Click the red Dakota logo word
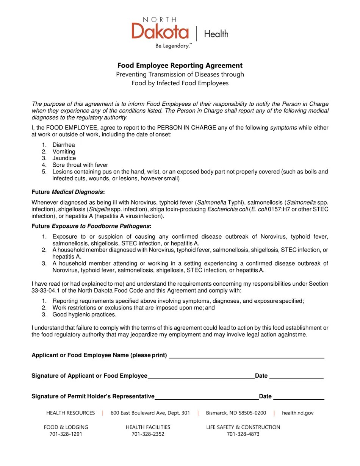[160, 31]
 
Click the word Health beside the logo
[216, 34]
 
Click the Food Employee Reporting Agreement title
[180, 66]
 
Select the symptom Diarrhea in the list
[64, 145]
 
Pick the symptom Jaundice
[64, 158]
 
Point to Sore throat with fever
[80, 165]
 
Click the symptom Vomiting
[64, 152]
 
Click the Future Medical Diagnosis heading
[68, 192]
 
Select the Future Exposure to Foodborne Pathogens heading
[91, 227]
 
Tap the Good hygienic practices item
[85, 314]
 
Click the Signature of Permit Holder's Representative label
[93, 397]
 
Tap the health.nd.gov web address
[297, 413]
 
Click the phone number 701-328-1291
[66, 434]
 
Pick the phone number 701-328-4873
[243, 434]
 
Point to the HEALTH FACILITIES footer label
[148, 427]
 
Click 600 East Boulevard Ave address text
[150, 413]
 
